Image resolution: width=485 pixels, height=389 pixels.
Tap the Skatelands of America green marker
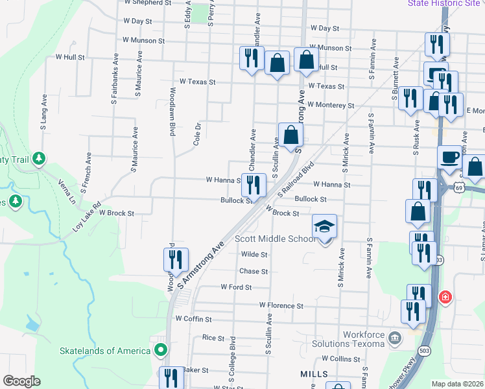(x=160, y=351)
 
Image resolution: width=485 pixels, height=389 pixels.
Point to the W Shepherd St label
(x=148, y=3)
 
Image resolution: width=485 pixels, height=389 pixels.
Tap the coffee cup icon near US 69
(x=449, y=157)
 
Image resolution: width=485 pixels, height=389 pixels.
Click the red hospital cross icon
(x=445, y=298)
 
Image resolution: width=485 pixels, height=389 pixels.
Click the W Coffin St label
(x=194, y=320)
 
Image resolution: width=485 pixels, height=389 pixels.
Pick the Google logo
(x=21, y=381)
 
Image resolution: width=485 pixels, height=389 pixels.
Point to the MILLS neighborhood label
(x=314, y=374)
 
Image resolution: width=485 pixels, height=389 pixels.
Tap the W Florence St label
(x=281, y=305)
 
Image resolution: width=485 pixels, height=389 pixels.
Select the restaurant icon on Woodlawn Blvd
(x=176, y=260)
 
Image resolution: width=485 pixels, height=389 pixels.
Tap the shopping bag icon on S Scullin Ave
(x=291, y=135)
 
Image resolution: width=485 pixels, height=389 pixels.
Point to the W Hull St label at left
(x=70, y=57)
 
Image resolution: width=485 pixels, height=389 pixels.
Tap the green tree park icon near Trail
(x=39, y=158)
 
